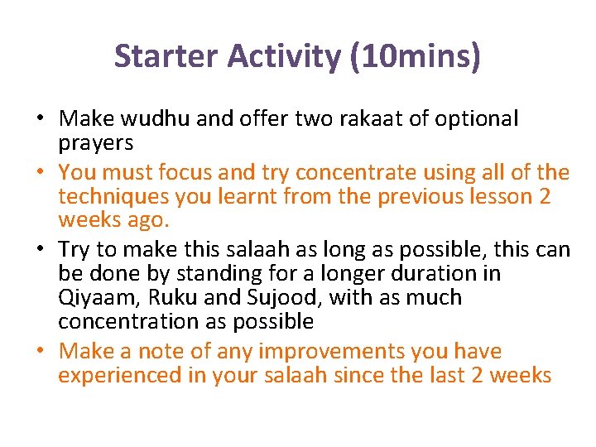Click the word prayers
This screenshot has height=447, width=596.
(x=95, y=142)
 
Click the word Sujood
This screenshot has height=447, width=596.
(x=279, y=297)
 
